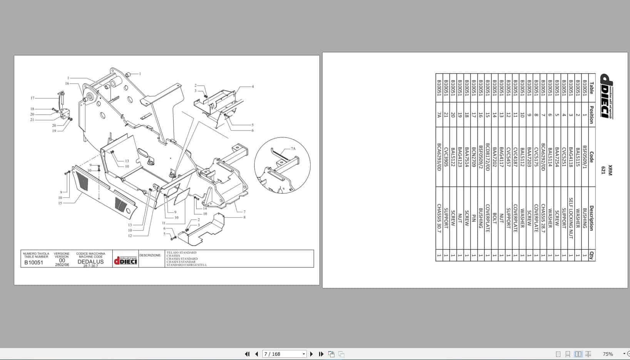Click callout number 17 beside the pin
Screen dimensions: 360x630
tap(32, 98)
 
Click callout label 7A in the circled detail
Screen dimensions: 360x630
tap(293, 149)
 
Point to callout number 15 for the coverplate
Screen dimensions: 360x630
tap(60, 203)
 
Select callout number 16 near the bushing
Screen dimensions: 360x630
tap(67, 84)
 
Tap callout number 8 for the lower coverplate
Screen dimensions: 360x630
tap(244, 218)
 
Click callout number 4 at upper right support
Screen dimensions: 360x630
tap(253, 87)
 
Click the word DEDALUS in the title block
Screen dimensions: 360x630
tap(90, 262)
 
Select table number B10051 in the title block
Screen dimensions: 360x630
tap(34, 263)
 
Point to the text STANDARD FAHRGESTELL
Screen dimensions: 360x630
tap(187, 265)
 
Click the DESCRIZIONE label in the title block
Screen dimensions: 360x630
tap(150, 255)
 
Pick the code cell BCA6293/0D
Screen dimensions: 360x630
tap(439, 157)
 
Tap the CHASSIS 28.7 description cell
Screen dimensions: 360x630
tap(543, 218)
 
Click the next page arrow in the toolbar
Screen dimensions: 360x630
tap(311, 354)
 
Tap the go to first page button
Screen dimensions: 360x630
tap(247, 354)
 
